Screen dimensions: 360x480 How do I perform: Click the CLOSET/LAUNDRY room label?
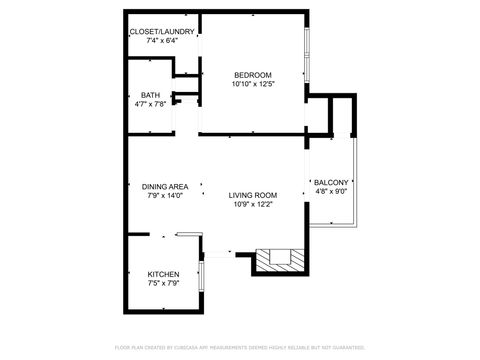[161, 32]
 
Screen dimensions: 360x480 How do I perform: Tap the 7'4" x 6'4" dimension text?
[161, 41]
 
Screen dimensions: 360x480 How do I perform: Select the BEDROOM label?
[253, 75]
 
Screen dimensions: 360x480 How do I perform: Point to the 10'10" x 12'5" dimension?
[253, 84]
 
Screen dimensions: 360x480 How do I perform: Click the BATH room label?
[149, 95]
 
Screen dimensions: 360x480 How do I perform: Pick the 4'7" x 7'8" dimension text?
[149, 104]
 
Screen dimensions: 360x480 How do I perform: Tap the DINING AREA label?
[165, 186]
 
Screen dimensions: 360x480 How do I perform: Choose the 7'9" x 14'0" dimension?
[165, 195]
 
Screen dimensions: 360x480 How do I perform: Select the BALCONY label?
[330, 182]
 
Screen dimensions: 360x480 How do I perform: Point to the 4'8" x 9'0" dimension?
[330, 191]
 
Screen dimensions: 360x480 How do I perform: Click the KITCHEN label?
[163, 274]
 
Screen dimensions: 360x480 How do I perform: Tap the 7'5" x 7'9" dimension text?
[163, 283]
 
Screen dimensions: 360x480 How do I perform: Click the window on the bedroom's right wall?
[306, 61]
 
